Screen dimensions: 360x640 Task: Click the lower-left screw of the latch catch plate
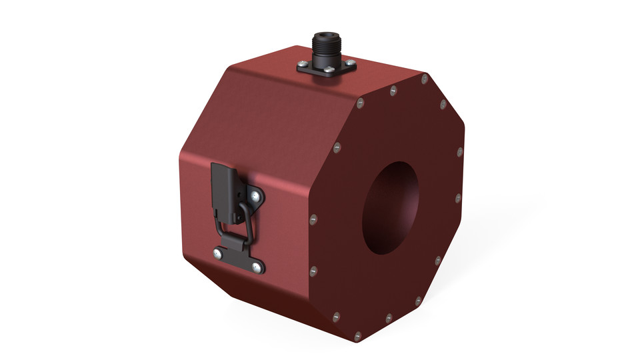coord(217,253)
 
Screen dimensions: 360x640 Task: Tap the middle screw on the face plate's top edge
coord(392,90)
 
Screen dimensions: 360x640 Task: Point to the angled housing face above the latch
coord(253,127)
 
